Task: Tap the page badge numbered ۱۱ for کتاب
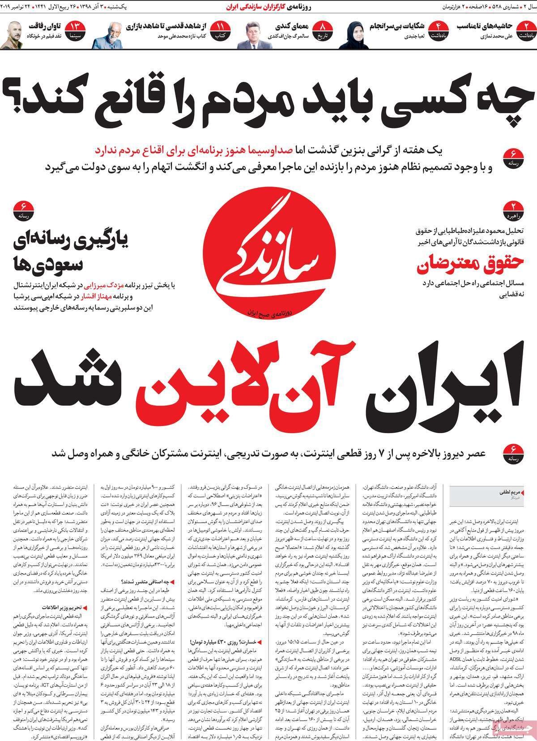pos(220,30)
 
